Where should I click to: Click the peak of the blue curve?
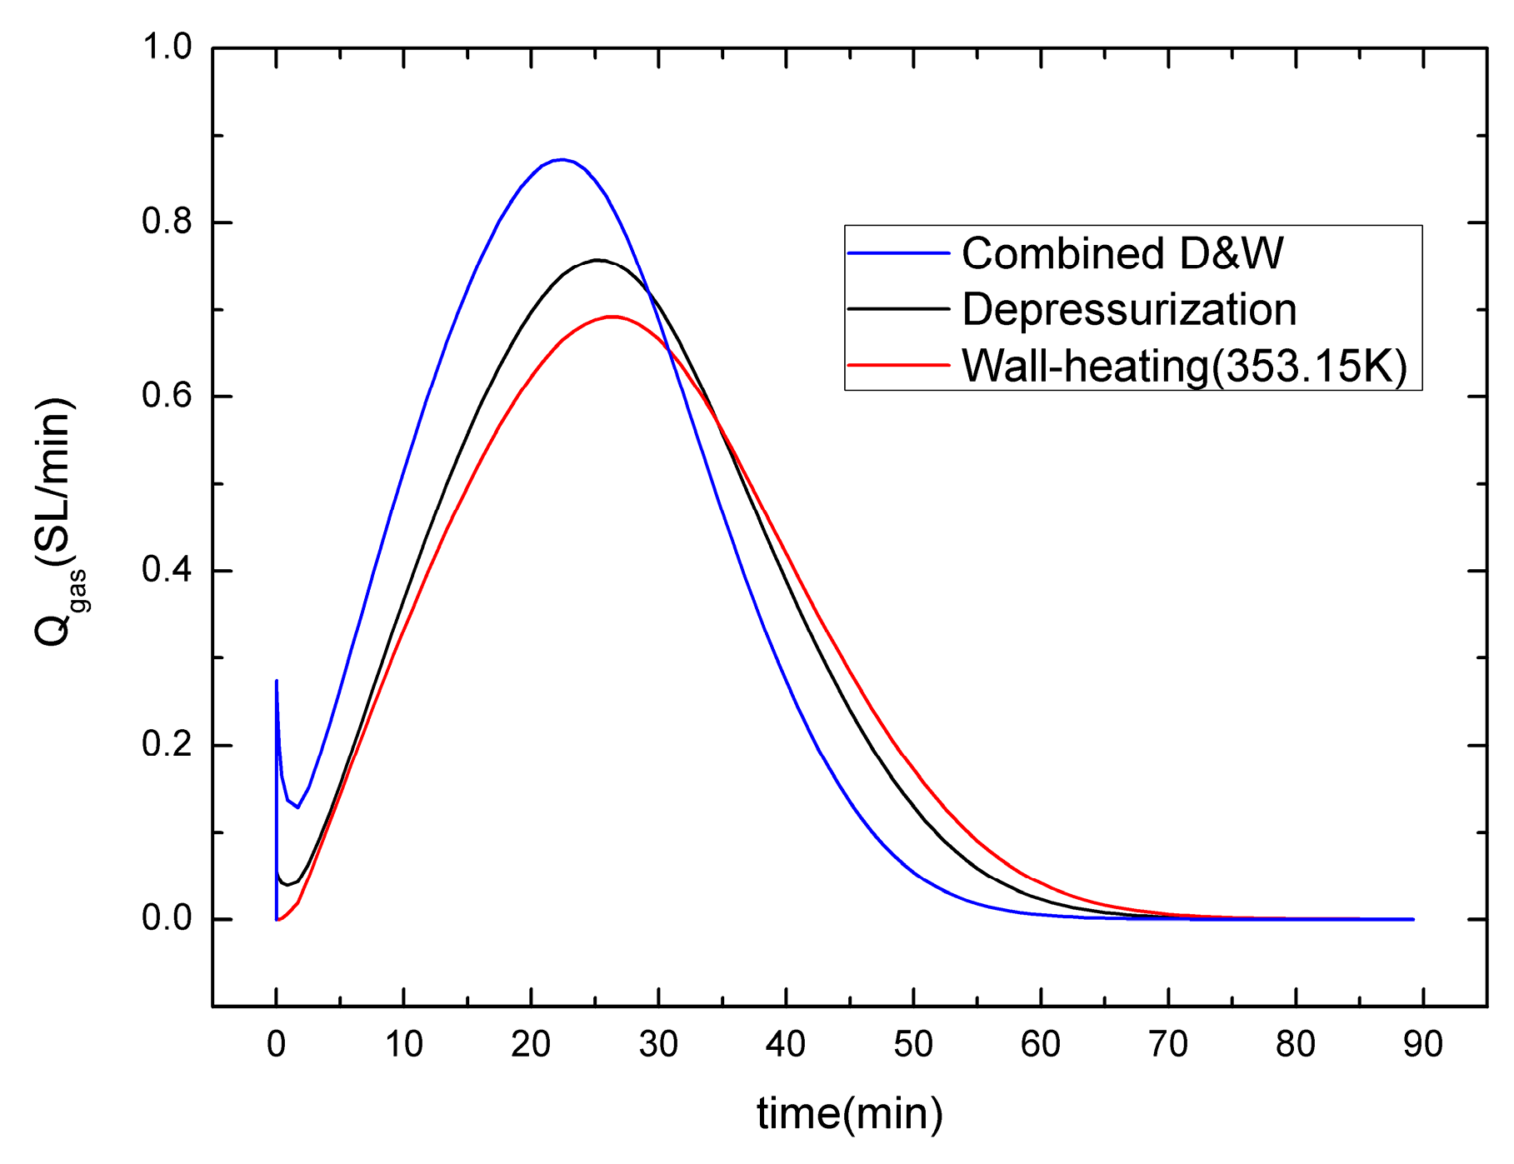pyautogui.click(x=562, y=159)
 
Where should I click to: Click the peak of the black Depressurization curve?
pyautogui.click(x=597, y=260)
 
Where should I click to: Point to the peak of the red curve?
pyautogui.click(x=612, y=317)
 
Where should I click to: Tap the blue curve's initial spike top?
pyautogui.click(x=277, y=681)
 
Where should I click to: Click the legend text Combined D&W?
pyautogui.click(x=1122, y=253)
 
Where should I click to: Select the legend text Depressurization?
pyautogui.click(x=1129, y=309)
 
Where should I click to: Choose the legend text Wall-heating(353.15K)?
pyautogui.click(x=1184, y=365)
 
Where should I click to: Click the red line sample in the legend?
pyautogui.click(x=899, y=365)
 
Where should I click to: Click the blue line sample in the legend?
pyautogui.click(x=899, y=253)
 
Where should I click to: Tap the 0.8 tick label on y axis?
pyautogui.click(x=167, y=222)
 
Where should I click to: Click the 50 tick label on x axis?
pyautogui.click(x=913, y=1044)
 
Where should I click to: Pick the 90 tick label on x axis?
pyautogui.click(x=1422, y=1044)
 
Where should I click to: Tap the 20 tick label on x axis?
pyautogui.click(x=531, y=1044)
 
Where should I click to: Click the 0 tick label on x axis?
pyautogui.click(x=277, y=1044)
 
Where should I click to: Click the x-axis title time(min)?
pyautogui.click(x=850, y=1114)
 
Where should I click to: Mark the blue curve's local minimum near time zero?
pyautogui.click(x=297, y=807)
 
